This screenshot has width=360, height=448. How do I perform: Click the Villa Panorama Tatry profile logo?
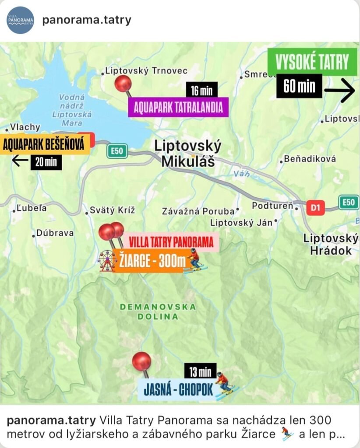(20, 20)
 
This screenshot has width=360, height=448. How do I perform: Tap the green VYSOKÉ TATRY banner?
(312, 62)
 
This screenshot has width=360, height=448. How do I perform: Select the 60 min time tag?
(300, 86)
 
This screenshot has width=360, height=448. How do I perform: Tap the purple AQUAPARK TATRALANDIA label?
(178, 107)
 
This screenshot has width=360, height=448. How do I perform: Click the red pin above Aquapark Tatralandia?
(123, 83)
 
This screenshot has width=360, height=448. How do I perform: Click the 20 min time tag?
(46, 162)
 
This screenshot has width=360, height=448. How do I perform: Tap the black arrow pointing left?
(20, 161)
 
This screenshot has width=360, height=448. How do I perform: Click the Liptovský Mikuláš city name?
(188, 154)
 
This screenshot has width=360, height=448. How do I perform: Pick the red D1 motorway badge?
(315, 207)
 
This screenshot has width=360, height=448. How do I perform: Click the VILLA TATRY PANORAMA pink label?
(172, 241)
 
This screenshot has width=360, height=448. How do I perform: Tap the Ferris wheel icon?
(107, 261)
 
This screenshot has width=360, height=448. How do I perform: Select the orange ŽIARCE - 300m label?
(150, 262)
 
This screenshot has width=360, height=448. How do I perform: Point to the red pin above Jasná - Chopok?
(142, 362)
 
